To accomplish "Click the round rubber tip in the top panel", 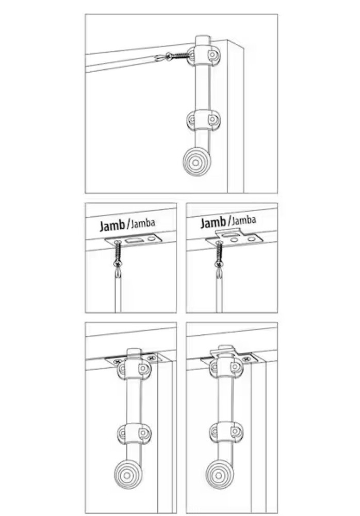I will (197, 162).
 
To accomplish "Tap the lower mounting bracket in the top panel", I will (202, 120).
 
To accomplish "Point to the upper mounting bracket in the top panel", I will (203, 54).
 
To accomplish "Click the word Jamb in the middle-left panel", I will (111, 226).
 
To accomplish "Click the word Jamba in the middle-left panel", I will (142, 223).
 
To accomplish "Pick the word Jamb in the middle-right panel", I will (212, 223).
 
